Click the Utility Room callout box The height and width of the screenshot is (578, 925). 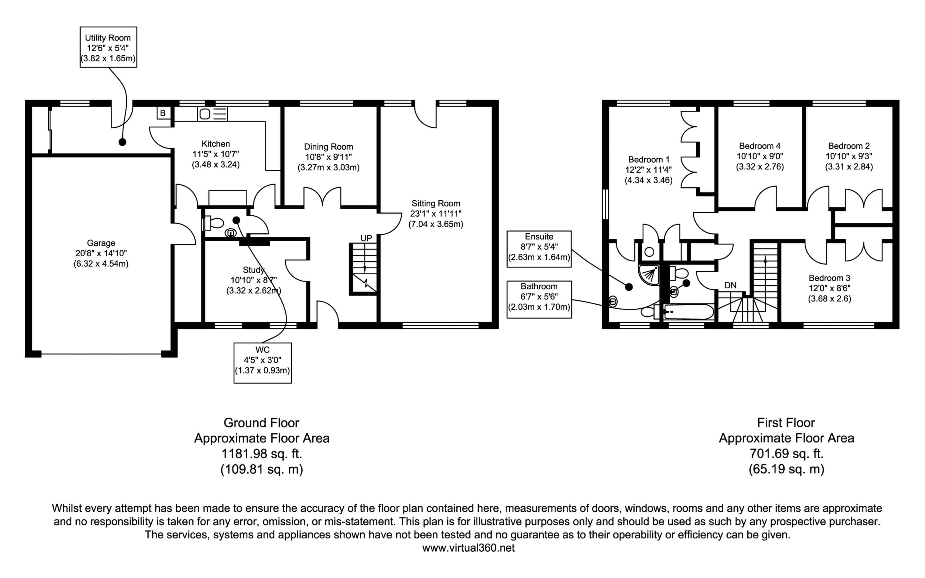coord(108,47)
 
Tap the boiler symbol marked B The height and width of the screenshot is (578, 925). coord(163,113)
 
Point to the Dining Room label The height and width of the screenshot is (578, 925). coord(328,147)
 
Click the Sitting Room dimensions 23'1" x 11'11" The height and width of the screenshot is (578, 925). coord(436,214)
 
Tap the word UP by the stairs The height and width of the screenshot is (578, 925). coord(366,238)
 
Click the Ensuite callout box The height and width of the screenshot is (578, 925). coord(539,248)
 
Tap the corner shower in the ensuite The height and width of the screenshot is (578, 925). coord(650,274)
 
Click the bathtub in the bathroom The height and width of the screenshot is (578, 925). coord(689,312)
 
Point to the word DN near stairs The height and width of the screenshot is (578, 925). coord(730,285)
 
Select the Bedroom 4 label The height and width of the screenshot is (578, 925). coord(760,146)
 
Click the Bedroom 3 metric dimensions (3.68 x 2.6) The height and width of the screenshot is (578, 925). coord(829,299)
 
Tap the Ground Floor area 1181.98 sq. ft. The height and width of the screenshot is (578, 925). coord(262,454)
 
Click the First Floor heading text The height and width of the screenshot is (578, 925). coord(786,423)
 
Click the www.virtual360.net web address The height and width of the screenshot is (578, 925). coord(468,548)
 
